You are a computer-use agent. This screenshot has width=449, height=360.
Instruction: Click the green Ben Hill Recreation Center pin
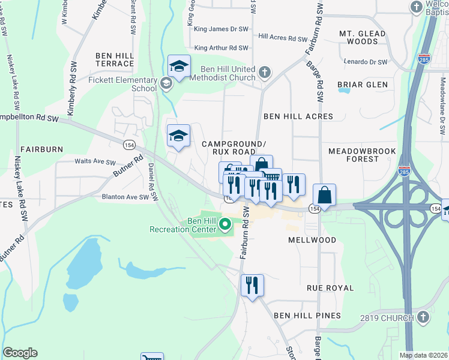click(226, 225)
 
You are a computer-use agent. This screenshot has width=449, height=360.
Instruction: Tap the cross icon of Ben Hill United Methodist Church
click(265, 73)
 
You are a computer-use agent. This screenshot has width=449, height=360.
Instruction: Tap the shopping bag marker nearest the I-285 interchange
click(324, 195)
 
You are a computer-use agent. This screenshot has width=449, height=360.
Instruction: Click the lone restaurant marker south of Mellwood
click(252, 285)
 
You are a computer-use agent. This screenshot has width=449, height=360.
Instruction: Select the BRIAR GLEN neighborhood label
click(363, 85)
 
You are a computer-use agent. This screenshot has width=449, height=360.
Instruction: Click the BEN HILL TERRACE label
click(114, 59)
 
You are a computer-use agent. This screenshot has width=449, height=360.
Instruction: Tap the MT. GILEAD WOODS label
click(358, 37)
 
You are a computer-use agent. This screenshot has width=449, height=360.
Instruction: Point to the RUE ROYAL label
click(330, 288)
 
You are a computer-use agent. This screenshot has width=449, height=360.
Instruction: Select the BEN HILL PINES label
click(307, 316)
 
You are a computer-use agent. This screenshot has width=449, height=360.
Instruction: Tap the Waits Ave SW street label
click(94, 162)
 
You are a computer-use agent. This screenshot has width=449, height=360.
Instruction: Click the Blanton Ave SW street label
click(125, 197)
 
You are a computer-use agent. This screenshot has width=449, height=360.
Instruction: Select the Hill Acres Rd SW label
click(282, 37)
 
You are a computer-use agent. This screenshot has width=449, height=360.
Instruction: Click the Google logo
click(20, 353)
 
